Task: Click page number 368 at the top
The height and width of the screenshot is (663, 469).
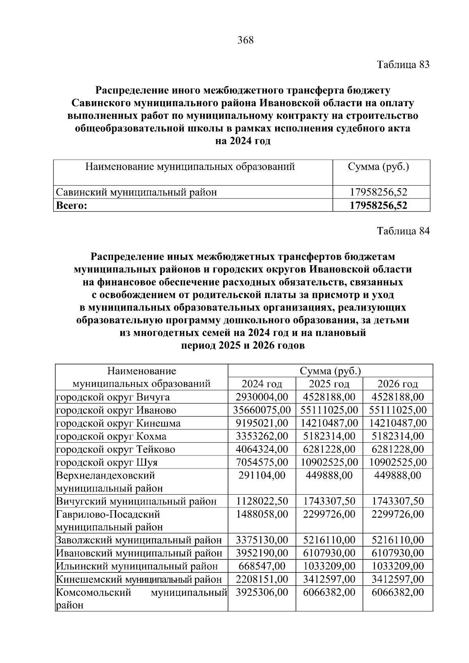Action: click(245, 40)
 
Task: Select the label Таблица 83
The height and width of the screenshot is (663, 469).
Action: click(403, 65)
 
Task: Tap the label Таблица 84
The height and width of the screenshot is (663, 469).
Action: click(403, 231)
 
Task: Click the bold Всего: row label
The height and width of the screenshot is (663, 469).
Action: click(72, 206)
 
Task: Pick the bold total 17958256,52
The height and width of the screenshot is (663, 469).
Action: click(378, 206)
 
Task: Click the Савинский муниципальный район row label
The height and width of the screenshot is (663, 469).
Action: click(136, 192)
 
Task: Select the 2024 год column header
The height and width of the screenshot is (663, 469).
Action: click(261, 384)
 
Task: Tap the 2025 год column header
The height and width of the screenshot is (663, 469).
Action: click(329, 384)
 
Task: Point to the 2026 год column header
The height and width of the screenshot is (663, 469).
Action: click(397, 384)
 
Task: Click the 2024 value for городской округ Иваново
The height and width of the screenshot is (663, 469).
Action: click(262, 410)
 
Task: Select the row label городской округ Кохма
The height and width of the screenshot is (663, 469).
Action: click(111, 436)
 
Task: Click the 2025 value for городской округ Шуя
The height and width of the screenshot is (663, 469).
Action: click(329, 462)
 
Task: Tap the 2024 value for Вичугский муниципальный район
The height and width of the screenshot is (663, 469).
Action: click(262, 501)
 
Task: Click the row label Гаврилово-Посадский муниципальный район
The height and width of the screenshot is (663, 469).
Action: click(109, 520)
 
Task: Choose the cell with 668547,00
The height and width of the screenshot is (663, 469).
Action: click(261, 566)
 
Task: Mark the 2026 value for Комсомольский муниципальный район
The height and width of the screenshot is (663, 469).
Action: click(397, 592)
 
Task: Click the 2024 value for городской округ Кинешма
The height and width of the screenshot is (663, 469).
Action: click(262, 423)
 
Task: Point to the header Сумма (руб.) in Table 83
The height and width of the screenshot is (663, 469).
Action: click(378, 167)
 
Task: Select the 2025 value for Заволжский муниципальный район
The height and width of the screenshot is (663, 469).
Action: click(329, 540)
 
